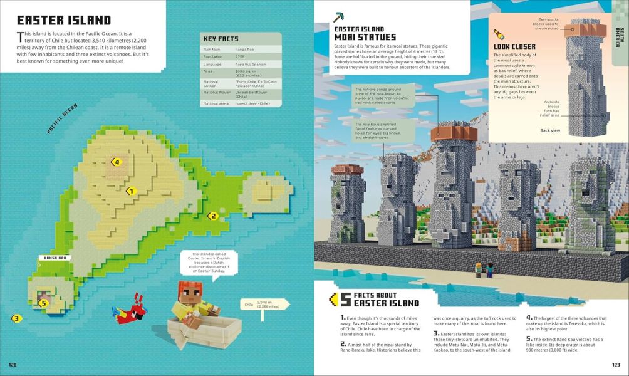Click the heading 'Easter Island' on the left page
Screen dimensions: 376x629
coord(63,21)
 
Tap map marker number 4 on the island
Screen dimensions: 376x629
coord(116,162)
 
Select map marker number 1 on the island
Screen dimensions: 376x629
coord(131,191)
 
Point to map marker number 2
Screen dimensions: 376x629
coord(212,216)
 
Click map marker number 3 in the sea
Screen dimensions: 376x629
coord(17,318)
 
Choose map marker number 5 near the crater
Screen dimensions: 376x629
coord(43,303)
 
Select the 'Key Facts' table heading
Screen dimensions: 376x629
coord(219,38)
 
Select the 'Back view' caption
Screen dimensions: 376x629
coord(550,130)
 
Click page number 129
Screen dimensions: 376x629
coord(615,364)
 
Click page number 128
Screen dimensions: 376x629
coord(13,364)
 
